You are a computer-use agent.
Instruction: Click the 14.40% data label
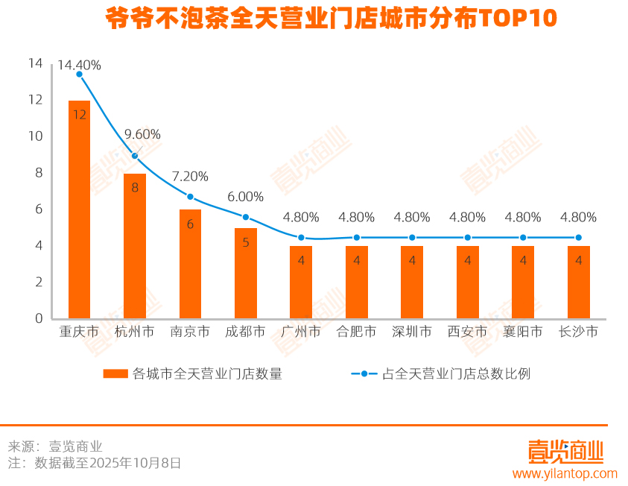pyautogui.click(x=79, y=65)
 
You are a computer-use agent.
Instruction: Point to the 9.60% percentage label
pyautogui.click(x=142, y=134)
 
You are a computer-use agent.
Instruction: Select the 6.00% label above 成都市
pyautogui.click(x=245, y=197)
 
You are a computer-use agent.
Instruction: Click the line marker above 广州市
pyautogui.click(x=301, y=238)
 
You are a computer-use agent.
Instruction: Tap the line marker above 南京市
pyautogui.click(x=190, y=197)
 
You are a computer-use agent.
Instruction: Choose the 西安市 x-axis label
pyautogui.click(x=467, y=332)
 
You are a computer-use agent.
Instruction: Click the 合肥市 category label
pyautogui.click(x=356, y=332)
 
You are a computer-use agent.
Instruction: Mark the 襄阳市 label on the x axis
pyautogui.click(x=523, y=332)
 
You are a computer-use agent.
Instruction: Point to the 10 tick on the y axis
pyautogui.click(x=36, y=136)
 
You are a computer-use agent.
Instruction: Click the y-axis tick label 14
pyautogui.click(x=36, y=63)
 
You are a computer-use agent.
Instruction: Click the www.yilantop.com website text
pyautogui.click(x=565, y=473)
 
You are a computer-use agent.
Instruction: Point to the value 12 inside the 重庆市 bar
pyautogui.click(x=80, y=115)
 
